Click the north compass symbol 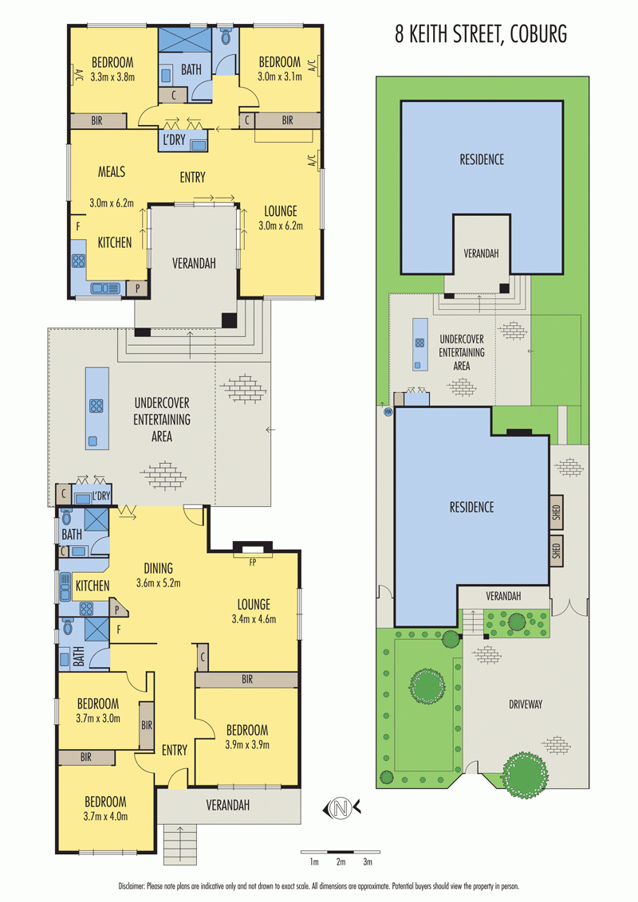point(341,808)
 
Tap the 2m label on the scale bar point(341,861)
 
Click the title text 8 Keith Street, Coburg point(481,34)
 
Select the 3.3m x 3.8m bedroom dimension point(113,77)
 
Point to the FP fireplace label point(252,563)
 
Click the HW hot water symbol point(388,412)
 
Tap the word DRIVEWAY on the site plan point(525,704)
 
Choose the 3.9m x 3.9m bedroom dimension point(247,745)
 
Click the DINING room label point(159,568)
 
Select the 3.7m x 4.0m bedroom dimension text point(105,816)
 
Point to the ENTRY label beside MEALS point(192,177)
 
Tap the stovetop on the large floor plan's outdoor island point(96,406)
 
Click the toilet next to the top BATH point(226,36)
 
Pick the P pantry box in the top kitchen point(137,288)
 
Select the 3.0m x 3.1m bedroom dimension point(280,76)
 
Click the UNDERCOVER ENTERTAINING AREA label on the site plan point(461,352)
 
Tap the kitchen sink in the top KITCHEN point(105,288)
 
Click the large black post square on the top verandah point(229,320)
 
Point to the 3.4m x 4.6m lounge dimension point(254,620)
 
